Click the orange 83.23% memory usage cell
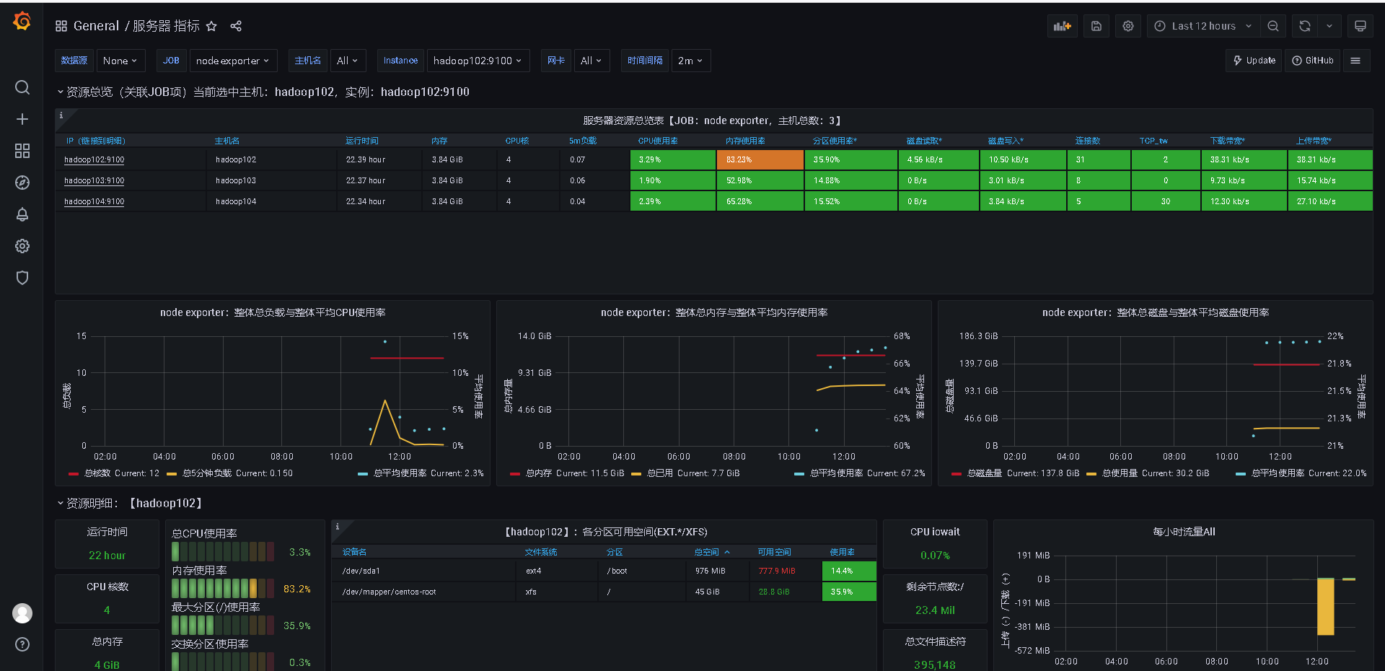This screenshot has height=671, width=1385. [x=760, y=159]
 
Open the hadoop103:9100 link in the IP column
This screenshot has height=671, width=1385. [x=94, y=180]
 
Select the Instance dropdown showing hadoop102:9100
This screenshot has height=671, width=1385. [x=478, y=61]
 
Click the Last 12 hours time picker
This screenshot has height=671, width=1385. [x=1203, y=26]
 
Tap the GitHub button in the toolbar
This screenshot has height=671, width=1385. [x=1312, y=61]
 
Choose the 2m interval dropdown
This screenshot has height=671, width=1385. [x=690, y=61]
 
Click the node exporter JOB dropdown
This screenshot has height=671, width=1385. [x=232, y=61]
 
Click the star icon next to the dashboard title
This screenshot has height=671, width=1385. [x=211, y=26]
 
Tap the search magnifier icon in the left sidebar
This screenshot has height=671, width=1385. [x=22, y=87]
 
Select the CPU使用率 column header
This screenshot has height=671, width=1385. [x=658, y=141]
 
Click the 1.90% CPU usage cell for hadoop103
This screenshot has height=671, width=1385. [x=672, y=180]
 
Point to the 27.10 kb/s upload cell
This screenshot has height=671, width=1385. [x=1329, y=201]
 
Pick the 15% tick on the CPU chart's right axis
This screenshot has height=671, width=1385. [x=460, y=336]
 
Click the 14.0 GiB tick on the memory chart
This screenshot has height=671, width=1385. [x=535, y=336]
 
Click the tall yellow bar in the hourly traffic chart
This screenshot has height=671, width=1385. [x=1325, y=606]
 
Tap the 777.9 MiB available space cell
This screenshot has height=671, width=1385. [x=777, y=571]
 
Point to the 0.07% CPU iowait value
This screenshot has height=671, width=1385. [x=935, y=556]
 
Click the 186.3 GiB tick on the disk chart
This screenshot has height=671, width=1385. [x=978, y=336]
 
